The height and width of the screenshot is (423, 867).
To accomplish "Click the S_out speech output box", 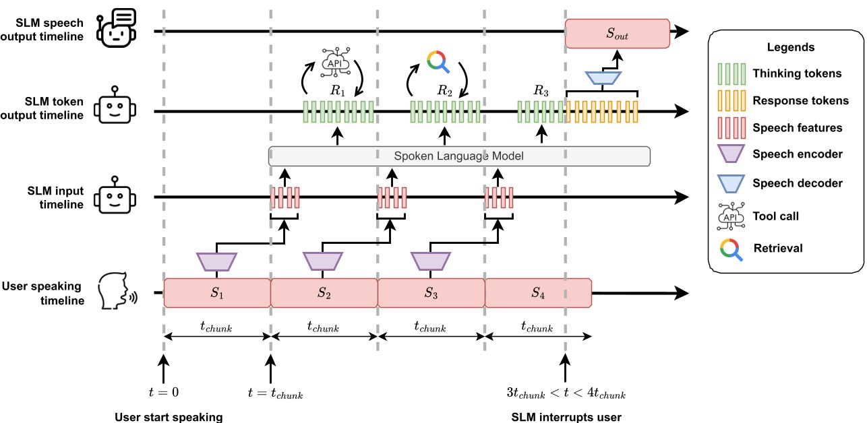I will tap(617, 34).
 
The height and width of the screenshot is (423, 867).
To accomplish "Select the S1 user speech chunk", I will tap(217, 294).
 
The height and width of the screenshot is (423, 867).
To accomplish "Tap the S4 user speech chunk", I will tap(538, 294).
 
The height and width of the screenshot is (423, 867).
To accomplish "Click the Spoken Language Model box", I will tap(459, 156).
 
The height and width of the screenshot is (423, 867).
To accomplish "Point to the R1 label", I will tap(337, 90).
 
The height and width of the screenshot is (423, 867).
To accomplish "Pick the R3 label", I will tap(541, 90).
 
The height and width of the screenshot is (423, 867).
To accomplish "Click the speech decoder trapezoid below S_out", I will tap(602, 78).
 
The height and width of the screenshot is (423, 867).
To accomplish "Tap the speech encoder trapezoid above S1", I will tap(216, 261).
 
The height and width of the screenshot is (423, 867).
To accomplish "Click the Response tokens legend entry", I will tap(800, 100).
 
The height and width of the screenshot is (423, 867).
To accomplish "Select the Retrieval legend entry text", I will tap(778, 248).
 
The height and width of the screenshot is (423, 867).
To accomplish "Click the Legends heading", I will tap(790, 47).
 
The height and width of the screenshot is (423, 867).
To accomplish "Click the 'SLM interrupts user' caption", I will tap(566, 417).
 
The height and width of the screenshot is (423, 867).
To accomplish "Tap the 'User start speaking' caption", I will tap(168, 417).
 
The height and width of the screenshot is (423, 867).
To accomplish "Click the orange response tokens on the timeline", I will tap(601, 111).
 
